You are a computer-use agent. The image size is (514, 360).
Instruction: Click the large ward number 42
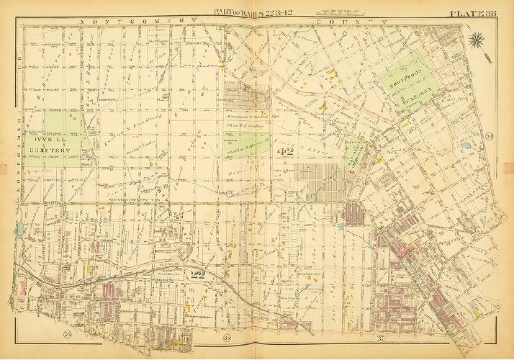coord(286,150)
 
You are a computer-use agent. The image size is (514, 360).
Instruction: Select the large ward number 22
coord(199,274)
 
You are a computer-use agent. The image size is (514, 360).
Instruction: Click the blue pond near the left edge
coord(17,230)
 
